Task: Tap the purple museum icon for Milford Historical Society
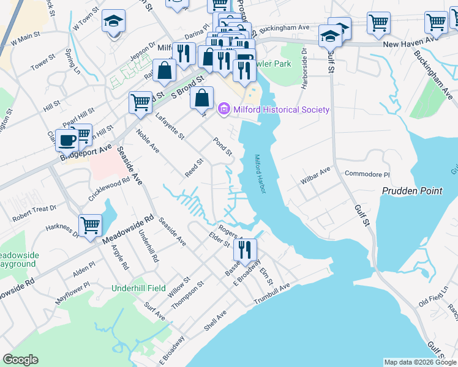click(223, 109)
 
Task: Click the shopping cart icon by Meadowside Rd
click(91, 225)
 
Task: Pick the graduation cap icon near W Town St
click(113, 22)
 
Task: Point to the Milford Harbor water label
click(261, 174)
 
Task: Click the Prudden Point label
click(411, 191)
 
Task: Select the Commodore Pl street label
click(367, 174)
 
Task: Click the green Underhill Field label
click(139, 287)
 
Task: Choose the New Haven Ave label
click(404, 45)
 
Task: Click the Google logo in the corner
click(20, 360)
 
